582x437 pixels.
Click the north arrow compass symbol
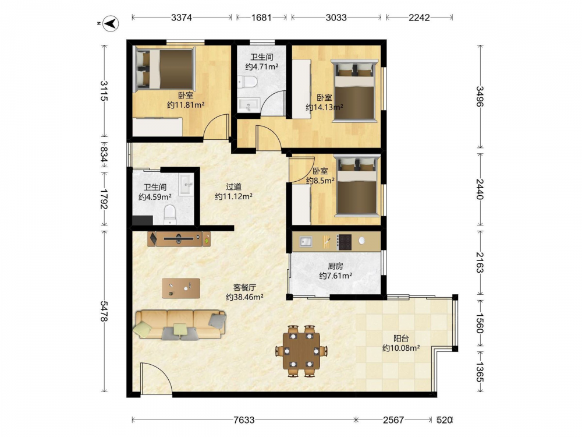pyautogui.click(x=111, y=23)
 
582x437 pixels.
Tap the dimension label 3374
pyautogui.click(x=182, y=17)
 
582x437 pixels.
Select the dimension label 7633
pyautogui.click(x=244, y=420)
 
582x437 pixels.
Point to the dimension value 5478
pyautogui.click(x=104, y=311)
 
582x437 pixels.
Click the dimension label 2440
pyautogui.click(x=480, y=189)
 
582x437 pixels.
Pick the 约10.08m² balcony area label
pyautogui.click(x=401, y=348)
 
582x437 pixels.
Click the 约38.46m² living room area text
pyautogui.click(x=244, y=297)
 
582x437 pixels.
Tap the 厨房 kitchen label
pyautogui.click(x=336, y=266)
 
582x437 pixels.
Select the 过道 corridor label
pyautogui.click(x=234, y=186)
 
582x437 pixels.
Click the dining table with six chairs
pyautogui.click(x=301, y=351)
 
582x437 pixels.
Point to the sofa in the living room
pyautogui.click(x=181, y=325)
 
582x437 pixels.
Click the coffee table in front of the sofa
pyautogui.click(x=181, y=288)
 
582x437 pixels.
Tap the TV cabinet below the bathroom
pyautogui.click(x=179, y=239)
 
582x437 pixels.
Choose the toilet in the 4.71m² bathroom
pyautogui.click(x=247, y=82)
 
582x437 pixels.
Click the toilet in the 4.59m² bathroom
pyautogui.click(x=170, y=215)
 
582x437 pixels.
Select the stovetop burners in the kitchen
pyautogui.click(x=344, y=242)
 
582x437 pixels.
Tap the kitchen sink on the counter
pyautogui.click(x=306, y=242)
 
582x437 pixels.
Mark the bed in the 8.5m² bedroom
pyautogui.click(x=357, y=186)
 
